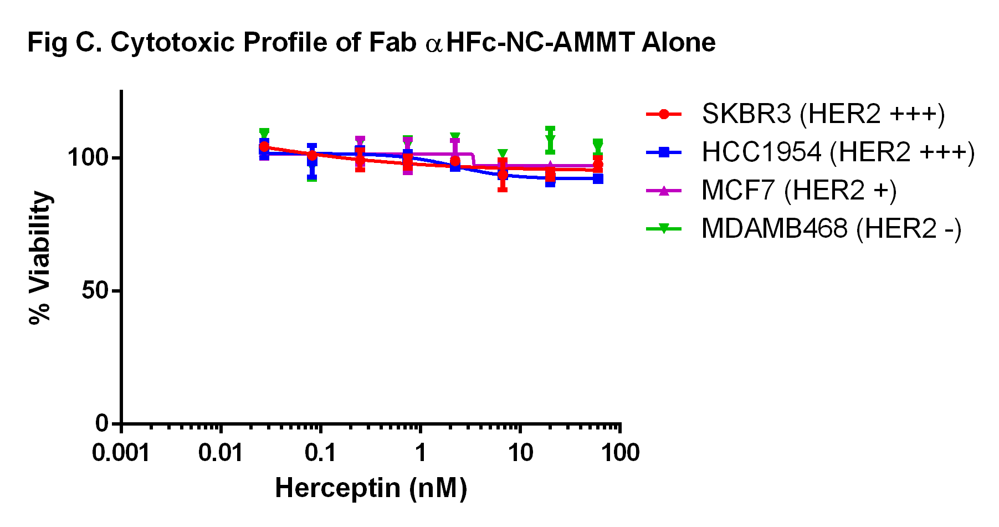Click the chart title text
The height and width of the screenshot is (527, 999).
(371, 43)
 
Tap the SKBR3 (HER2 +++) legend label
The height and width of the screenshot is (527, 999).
(823, 114)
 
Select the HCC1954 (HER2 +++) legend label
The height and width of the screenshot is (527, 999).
(838, 152)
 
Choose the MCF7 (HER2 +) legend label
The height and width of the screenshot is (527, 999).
(798, 191)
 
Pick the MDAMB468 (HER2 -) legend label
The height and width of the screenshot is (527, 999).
(831, 229)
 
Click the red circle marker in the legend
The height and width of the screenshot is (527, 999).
(664, 115)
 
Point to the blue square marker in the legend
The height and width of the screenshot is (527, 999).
(664, 152)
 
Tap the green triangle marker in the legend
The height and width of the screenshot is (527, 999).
(664, 229)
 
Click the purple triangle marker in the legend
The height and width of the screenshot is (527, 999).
(664, 191)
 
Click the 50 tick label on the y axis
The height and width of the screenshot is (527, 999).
(94, 291)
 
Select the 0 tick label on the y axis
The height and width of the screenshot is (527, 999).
(102, 424)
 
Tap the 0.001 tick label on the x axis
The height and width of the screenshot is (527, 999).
(121, 453)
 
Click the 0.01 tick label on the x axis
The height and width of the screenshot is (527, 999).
(221, 453)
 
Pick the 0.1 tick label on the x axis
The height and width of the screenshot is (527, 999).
(320, 453)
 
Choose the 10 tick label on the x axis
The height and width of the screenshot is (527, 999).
(520, 453)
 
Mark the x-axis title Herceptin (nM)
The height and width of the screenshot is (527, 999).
(371, 488)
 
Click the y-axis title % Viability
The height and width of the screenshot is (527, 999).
(40, 258)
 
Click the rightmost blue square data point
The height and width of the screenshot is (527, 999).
(598, 179)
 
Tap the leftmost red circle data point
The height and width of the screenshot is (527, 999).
(264, 147)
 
